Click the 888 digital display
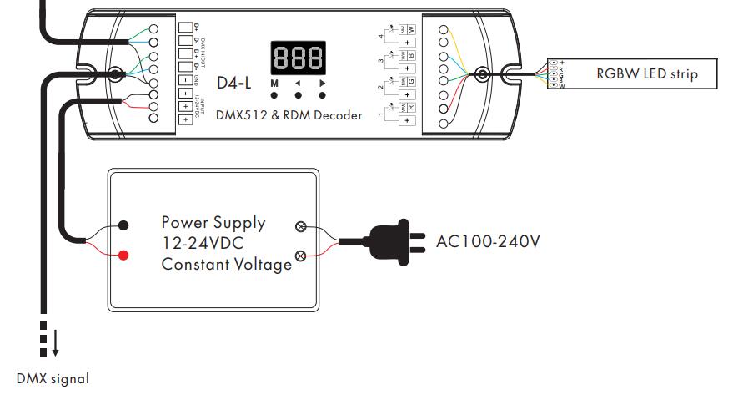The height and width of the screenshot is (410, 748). point(298,58)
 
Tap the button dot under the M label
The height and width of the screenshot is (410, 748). point(274,96)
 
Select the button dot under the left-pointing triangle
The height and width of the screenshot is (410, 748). point(298,96)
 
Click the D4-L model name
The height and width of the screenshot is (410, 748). point(234,84)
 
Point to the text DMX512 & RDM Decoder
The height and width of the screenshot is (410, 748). point(289,115)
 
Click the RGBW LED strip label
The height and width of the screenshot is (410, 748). point(645,74)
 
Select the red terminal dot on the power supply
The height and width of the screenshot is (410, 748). point(123,254)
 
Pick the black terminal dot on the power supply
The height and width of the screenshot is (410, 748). point(123,225)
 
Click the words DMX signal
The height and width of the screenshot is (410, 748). point(53,378)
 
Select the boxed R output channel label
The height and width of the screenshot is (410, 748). point(410,108)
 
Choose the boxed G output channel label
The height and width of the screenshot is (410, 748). point(410,82)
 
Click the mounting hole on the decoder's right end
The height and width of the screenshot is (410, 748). point(481,73)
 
